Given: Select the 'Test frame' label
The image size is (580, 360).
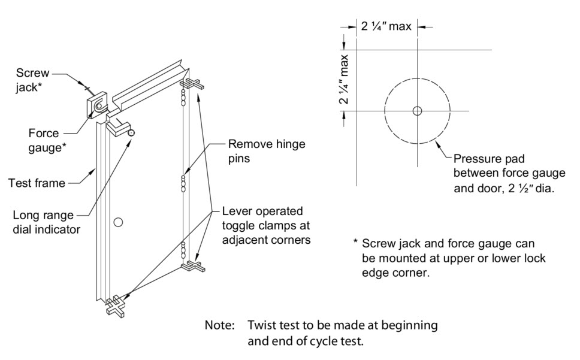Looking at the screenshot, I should pos(37,183).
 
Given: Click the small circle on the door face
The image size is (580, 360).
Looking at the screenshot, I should pos(118,222).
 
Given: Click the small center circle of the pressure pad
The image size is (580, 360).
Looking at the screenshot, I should pos(417,111).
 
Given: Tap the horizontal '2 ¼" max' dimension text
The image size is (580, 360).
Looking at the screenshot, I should pos(386,27).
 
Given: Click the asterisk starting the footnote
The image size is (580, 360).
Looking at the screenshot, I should pos(356,243).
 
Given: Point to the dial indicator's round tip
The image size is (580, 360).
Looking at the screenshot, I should pos(131,132).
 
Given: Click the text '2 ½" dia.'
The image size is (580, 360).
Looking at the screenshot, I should pos(533,187).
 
